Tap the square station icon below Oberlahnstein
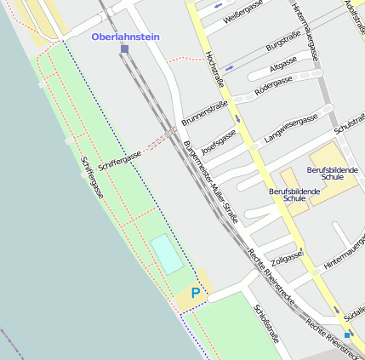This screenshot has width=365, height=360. pos(125,49)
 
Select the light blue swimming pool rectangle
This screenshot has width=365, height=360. pos(168,254)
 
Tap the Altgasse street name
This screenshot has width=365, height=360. pos(282,66)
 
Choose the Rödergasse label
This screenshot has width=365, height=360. pos(274,82)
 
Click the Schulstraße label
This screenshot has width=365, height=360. pos(350,123)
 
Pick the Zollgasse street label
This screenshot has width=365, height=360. pos(286,256)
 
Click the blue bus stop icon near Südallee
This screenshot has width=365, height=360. pos(347,334)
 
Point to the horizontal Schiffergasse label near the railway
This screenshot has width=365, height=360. pos(119,157)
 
